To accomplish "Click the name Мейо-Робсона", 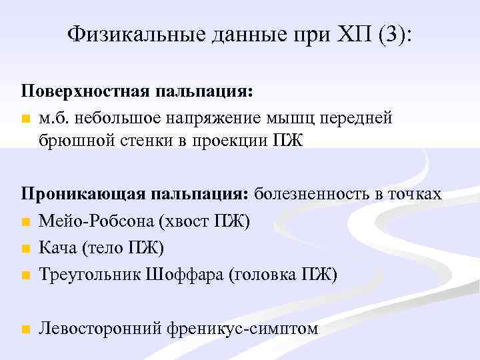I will click(88, 221).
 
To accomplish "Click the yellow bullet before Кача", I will click(25, 248).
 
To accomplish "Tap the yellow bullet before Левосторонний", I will click(25, 329).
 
